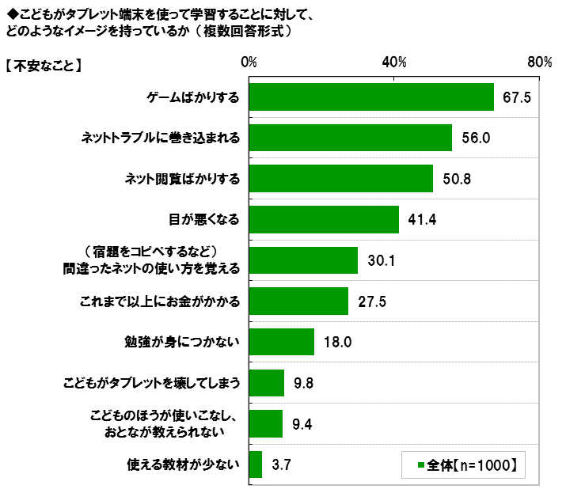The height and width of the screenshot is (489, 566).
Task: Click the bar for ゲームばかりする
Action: [x=371, y=97]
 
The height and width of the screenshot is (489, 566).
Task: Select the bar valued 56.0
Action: [x=351, y=138]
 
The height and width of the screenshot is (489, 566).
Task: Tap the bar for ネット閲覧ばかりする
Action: [x=341, y=178]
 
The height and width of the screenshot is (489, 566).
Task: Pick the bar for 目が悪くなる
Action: [x=324, y=219]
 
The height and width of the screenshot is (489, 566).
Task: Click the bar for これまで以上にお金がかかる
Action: [x=298, y=301]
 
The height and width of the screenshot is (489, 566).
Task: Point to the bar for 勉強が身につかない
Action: [x=282, y=342]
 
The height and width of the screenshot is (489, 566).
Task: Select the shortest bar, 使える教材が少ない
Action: [x=256, y=464]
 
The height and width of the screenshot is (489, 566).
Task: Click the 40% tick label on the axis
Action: [x=394, y=63]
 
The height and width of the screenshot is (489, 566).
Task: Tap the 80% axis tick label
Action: [x=539, y=63]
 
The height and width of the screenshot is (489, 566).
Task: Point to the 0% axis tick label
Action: [x=249, y=63]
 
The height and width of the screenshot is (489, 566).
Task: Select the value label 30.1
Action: [x=381, y=260]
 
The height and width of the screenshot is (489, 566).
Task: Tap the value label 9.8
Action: [x=304, y=383]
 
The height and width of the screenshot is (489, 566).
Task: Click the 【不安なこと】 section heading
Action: [x=44, y=67]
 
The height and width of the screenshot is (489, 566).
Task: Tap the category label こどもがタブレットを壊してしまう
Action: [x=151, y=383]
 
